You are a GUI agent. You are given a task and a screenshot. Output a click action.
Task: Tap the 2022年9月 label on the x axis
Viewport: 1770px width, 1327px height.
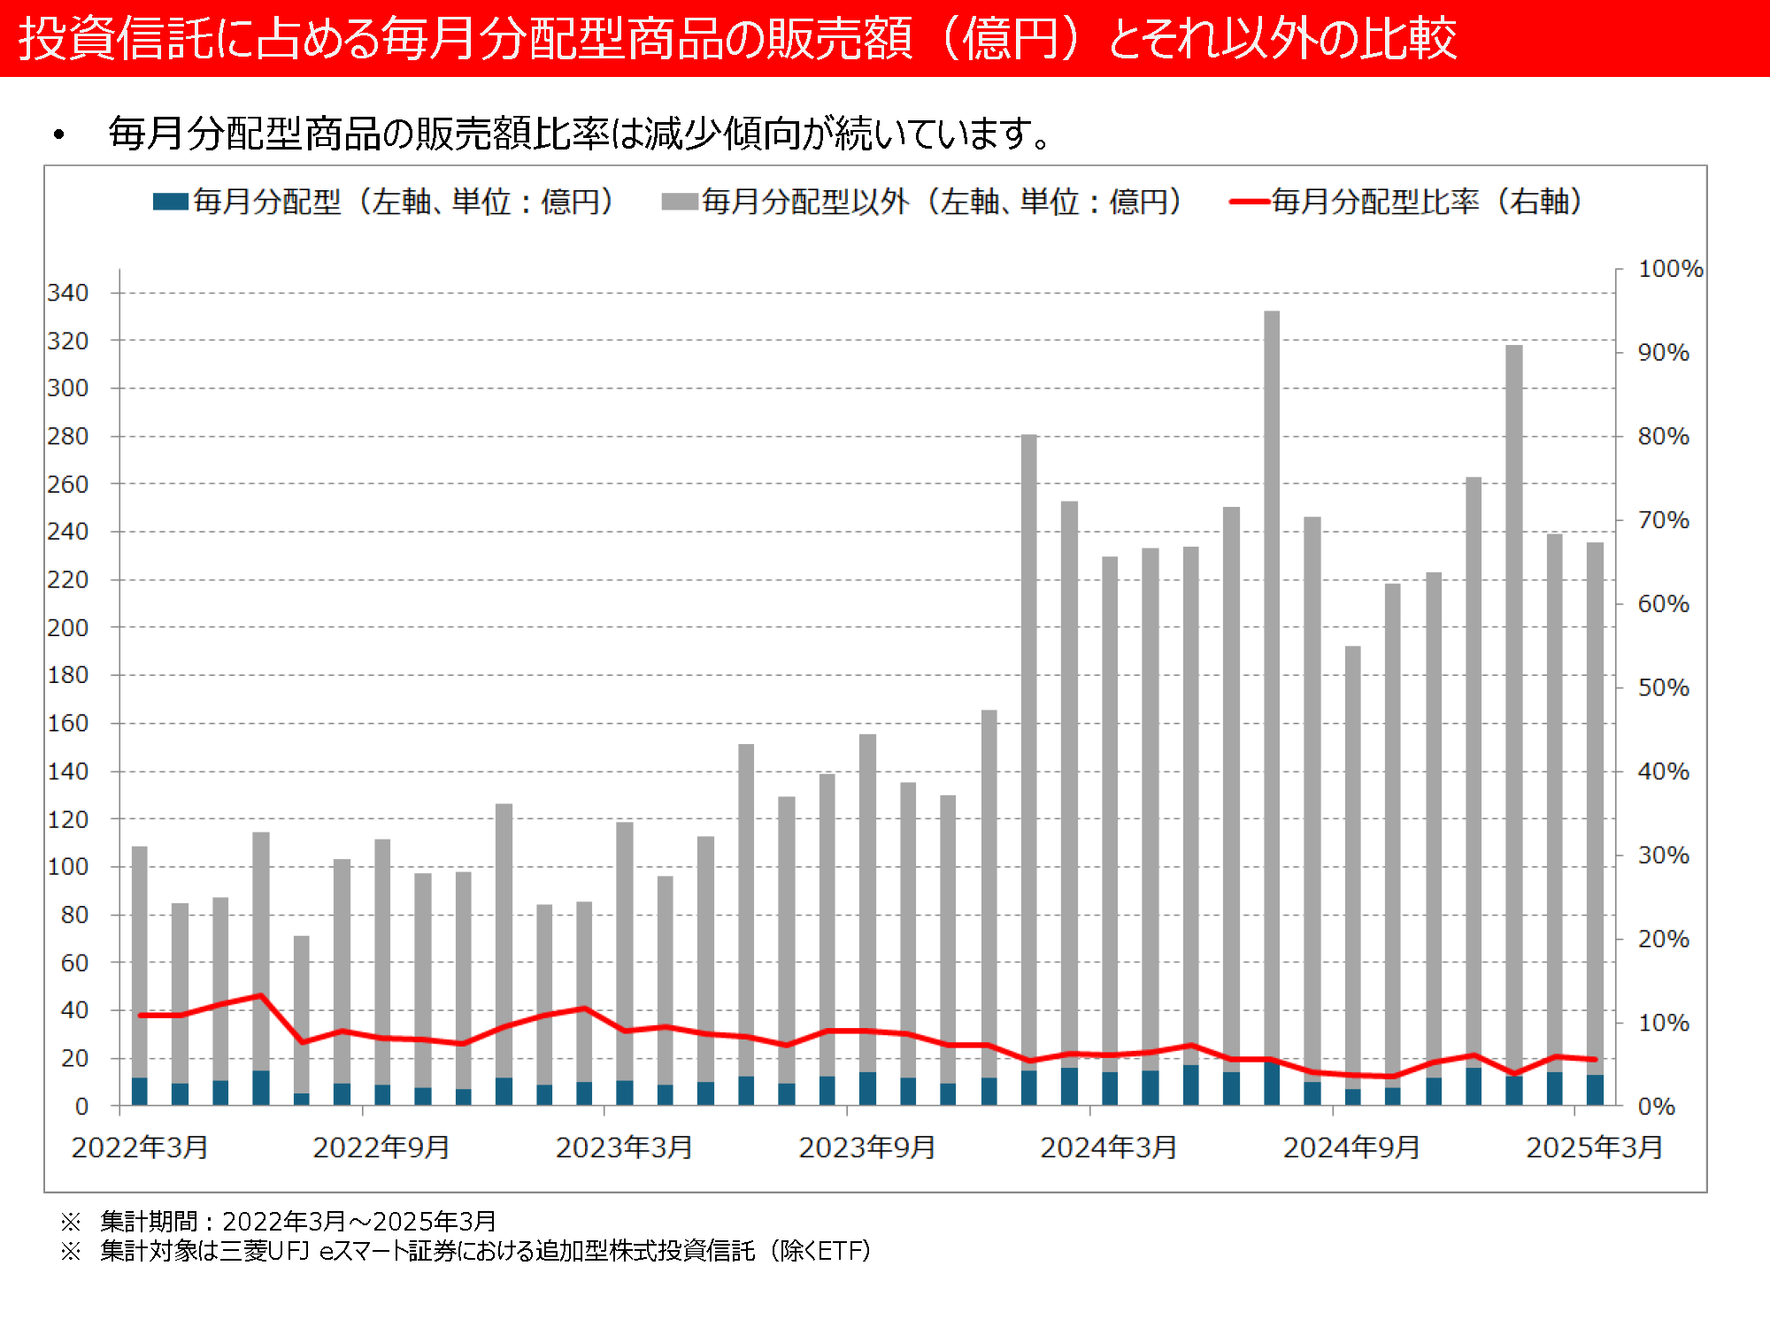(x=381, y=1147)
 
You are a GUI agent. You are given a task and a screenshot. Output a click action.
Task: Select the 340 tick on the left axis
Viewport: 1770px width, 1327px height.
(x=68, y=293)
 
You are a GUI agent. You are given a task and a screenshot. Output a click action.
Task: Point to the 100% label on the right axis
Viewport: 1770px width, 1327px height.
(x=1670, y=269)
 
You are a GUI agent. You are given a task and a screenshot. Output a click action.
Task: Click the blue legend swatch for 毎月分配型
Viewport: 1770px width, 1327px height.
(x=170, y=202)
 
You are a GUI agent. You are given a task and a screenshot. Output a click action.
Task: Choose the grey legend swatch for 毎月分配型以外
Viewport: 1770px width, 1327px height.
(x=680, y=202)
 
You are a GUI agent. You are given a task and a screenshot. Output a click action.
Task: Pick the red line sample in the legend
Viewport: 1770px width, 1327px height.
(x=1250, y=202)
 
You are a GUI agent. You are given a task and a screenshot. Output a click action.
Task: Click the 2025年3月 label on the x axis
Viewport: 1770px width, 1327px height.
(x=1594, y=1147)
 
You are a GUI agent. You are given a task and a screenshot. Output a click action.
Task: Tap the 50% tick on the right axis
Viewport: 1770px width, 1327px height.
(x=1663, y=688)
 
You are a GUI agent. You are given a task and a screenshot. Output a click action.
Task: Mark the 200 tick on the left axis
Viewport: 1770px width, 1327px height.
(x=68, y=628)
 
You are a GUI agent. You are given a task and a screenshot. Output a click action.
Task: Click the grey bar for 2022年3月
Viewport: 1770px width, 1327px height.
(x=140, y=955)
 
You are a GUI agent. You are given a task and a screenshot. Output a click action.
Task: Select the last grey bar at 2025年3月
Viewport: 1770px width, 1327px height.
(x=1595, y=796)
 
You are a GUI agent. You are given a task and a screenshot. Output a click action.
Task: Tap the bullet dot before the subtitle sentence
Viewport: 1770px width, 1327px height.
(x=59, y=135)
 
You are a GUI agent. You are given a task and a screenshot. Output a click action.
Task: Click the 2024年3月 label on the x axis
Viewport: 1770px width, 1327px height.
(x=1108, y=1147)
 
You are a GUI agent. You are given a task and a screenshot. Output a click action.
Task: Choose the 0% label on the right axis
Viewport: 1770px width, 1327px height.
(x=1656, y=1107)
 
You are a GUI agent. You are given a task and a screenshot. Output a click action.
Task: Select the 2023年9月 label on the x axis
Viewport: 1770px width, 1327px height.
(x=866, y=1147)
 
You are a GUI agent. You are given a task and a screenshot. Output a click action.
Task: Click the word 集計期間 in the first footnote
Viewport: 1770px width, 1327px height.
(x=149, y=1222)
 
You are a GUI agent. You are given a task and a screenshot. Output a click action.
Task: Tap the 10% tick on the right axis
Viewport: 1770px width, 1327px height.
(x=1663, y=1024)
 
